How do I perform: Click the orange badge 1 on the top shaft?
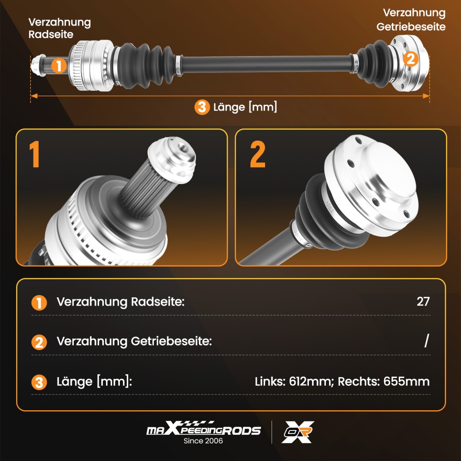pyautogui.click(x=59, y=65)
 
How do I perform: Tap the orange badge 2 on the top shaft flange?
pyautogui.click(x=410, y=59)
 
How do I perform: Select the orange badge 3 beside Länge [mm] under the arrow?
pyautogui.click(x=202, y=107)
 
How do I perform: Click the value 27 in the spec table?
pyautogui.click(x=423, y=301)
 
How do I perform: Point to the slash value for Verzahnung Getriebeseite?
pyautogui.click(x=426, y=341)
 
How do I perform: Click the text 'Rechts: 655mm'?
pyautogui.click(x=384, y=381)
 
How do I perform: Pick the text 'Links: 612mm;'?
pyautogui.click(x=294, y=381)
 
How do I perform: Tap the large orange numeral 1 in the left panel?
pyautogui.click(x=35, y=154)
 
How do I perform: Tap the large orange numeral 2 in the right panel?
pyautogui.click(x=258, y=154)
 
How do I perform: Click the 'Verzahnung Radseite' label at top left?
pyautogui.click(x=59, y=28)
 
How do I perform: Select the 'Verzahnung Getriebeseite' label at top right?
pyautogui.click(x=411, y=20)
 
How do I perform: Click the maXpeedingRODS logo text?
pyautogui.click(x=203, y=428)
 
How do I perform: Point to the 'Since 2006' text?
pyautogui.click(x=203, y=441)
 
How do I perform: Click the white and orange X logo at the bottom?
pyautogui.click(x=297, y=432)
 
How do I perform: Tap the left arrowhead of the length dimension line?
pyautogui.click(x=34, y=96)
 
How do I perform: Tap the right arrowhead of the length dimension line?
pyautogui.click(x=426, y=96)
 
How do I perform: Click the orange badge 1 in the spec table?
pyautogui.click(x=39, y=303)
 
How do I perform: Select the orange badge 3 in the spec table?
pyautogui.click(x=39, y=382)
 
